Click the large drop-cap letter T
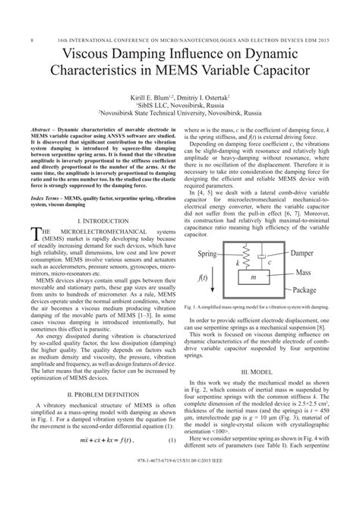click(37, 215)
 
